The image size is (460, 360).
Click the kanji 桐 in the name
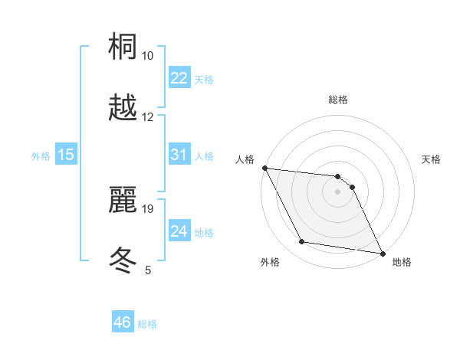123,48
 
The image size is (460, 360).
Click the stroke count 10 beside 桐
148,56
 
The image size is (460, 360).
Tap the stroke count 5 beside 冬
148,269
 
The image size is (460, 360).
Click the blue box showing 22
179,78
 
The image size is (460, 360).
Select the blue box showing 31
179,155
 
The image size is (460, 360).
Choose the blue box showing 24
179,231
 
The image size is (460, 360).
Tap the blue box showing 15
66,155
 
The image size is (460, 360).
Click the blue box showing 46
123,322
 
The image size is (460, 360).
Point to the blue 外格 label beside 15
41,156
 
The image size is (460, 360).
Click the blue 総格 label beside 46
147,324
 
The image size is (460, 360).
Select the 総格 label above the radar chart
338,100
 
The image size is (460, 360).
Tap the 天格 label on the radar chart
432,159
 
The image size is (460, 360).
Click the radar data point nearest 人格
264,168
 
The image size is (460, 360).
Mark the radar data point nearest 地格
382,252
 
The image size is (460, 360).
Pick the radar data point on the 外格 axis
302,242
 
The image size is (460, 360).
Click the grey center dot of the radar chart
338,191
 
